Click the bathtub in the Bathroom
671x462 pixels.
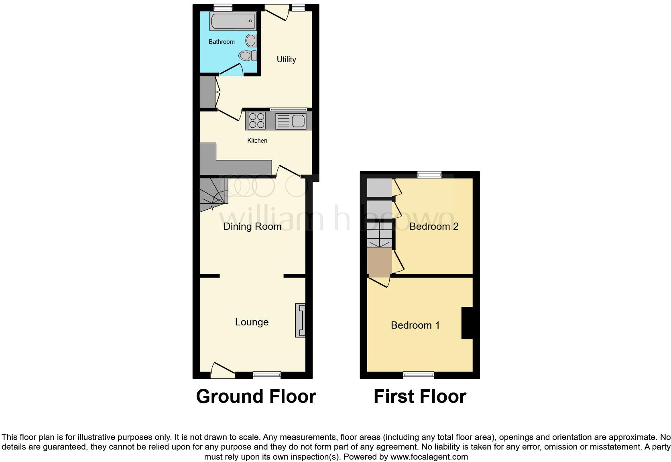point(233,21)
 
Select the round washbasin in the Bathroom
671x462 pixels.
point(251,40)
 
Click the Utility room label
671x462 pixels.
point(286,59)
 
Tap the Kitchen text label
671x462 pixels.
point(257,141)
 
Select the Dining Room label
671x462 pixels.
point(252,227)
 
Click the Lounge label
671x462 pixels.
point(252,322)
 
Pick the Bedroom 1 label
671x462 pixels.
point(415,325)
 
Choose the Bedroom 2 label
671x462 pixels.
point(433,227)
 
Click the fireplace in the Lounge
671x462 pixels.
point(300,320)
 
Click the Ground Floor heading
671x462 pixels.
point(256,397)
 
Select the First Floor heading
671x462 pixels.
point(419,397)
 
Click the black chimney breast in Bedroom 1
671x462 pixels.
point(467,323)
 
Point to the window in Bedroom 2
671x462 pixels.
point(429,175)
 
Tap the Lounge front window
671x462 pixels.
point(266,375)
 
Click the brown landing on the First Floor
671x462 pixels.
point(379,261)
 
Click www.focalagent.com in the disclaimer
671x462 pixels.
point(429,457)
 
